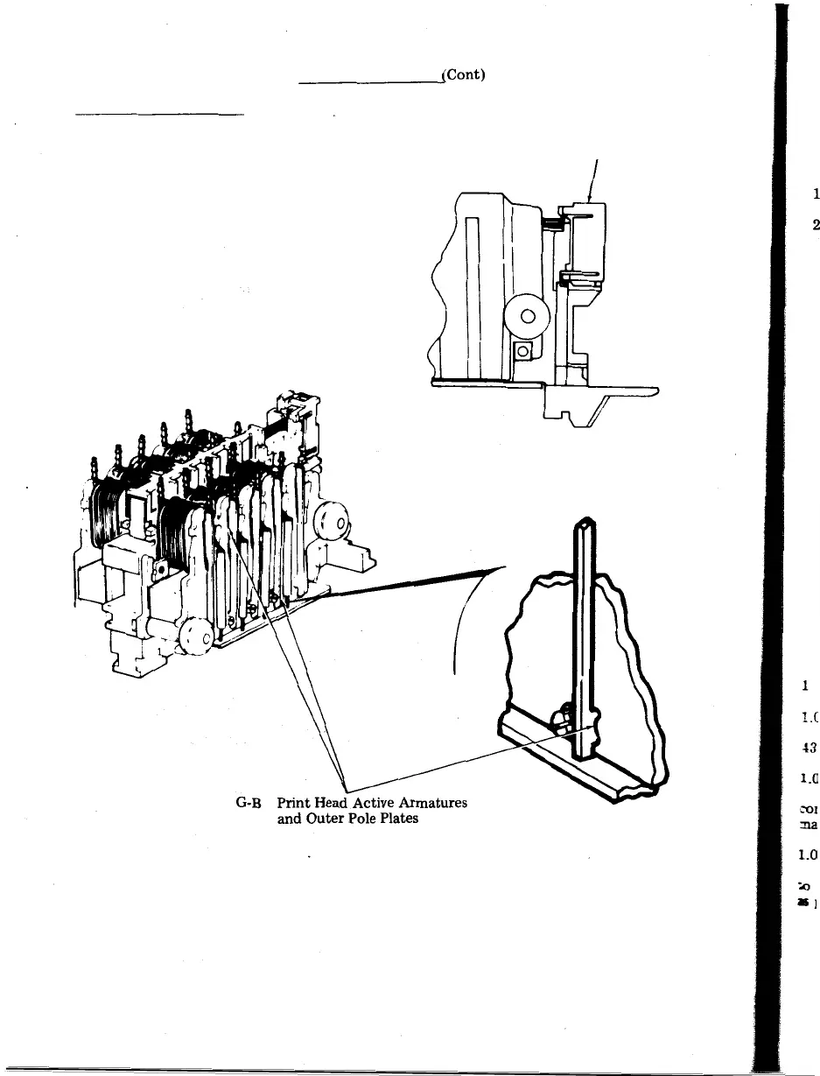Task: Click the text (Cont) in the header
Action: [464, 75]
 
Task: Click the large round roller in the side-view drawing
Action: [529, 318]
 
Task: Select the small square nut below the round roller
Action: [523, 351]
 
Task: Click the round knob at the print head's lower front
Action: [196, 636]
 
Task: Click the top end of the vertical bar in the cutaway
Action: [585, 528]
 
